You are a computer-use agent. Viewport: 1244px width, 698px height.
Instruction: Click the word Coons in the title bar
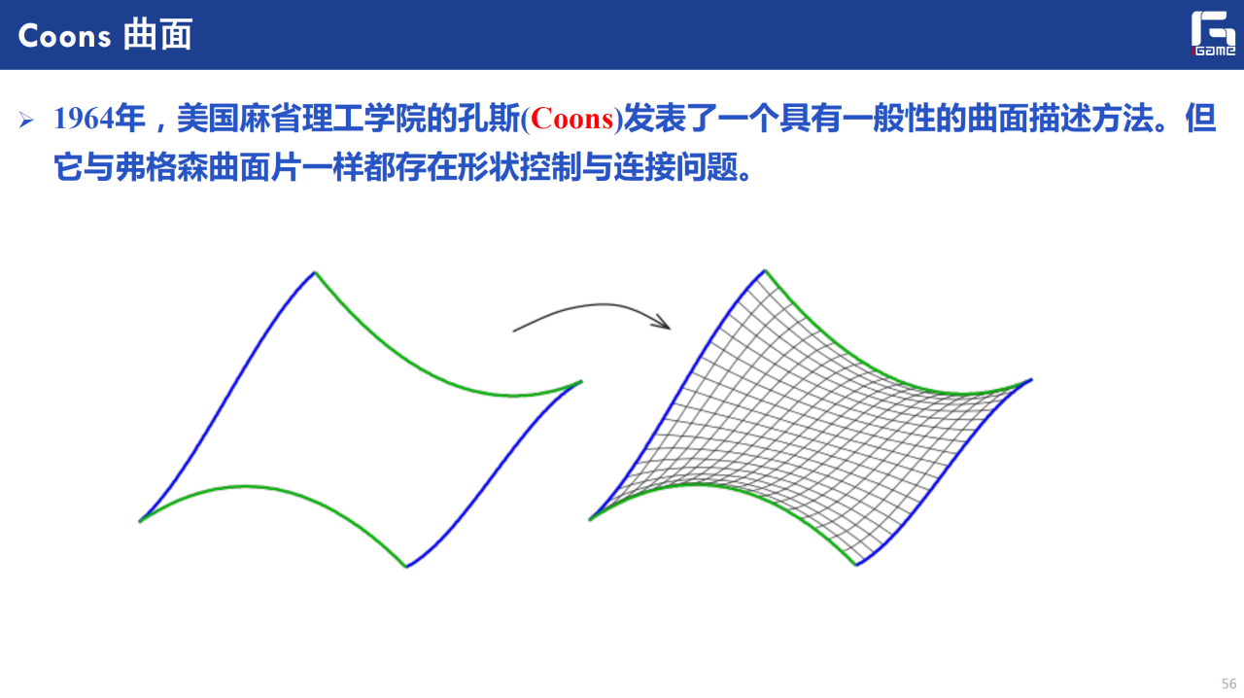coord(64,36)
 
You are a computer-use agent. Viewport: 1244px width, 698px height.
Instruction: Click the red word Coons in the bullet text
coord(572,119)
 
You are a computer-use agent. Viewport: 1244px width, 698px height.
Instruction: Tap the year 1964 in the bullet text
coord(84,119)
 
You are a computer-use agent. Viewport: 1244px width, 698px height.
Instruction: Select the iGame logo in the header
coord(1213,33)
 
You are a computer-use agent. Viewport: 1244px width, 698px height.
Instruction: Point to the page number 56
coord(1228,683)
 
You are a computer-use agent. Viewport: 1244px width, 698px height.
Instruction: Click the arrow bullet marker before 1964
coord(26,120)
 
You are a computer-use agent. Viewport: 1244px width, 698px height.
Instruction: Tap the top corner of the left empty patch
coord(315,272)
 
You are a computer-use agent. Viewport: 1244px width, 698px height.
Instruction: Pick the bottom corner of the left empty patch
coord(406,567)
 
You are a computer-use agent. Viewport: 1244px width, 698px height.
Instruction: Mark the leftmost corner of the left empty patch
coord(139,521)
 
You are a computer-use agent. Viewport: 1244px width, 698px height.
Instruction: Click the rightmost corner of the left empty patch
coord(581,382)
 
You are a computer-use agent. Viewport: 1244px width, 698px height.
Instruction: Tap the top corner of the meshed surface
coord(765,270)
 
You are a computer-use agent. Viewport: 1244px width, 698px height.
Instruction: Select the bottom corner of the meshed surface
coord(856,565)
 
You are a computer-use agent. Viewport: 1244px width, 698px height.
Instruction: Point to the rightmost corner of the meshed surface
coord(1031,380)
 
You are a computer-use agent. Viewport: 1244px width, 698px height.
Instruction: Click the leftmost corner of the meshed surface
coord(590,519)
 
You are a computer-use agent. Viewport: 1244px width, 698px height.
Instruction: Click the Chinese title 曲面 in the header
coord(157,35)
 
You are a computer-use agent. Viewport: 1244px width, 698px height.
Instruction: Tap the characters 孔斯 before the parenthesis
coord(489,119)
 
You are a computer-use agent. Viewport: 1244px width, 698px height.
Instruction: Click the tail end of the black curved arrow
coord(513,332)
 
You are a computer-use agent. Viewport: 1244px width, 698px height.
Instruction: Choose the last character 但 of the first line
coord(1200,119)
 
